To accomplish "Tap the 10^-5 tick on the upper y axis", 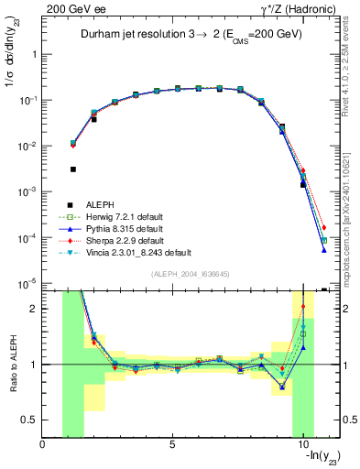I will point(28,284).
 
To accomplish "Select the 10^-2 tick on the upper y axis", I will point(28,147).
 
